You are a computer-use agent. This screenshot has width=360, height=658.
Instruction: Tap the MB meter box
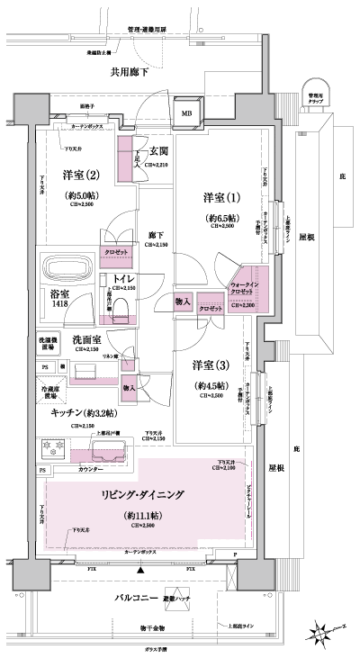pos(186,113)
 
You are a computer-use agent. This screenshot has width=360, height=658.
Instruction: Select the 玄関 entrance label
pos(160,151)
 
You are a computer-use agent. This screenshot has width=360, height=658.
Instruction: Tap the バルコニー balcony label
pos(137,599)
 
